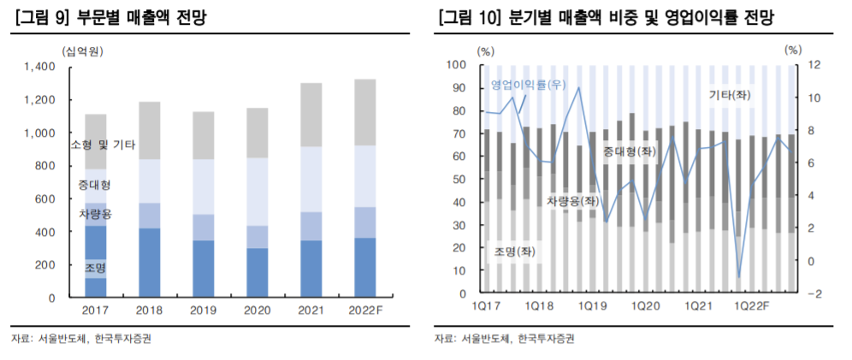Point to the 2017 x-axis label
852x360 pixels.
(x=96, y=310)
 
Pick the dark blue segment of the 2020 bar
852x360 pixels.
(x=257, y=273)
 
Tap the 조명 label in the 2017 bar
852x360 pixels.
(x=96, y=268)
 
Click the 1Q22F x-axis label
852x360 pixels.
(x=753, y=306)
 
